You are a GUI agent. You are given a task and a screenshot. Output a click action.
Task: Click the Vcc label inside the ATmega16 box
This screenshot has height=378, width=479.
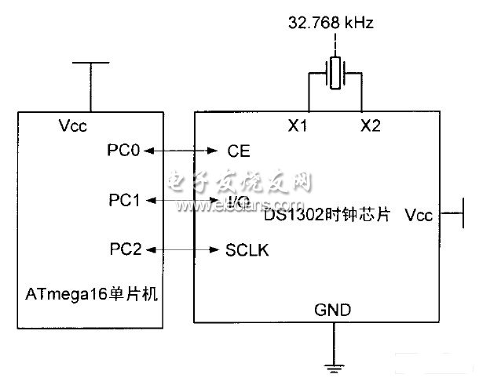[x=72, y=125]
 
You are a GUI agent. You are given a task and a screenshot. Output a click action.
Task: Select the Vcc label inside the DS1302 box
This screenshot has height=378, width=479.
[x=418, y=213]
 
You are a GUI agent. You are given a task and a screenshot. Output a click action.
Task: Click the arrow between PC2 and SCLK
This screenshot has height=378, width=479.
[x=182, y=250]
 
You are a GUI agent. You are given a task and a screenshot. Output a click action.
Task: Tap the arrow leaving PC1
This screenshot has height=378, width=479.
[x=177, y=201]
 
